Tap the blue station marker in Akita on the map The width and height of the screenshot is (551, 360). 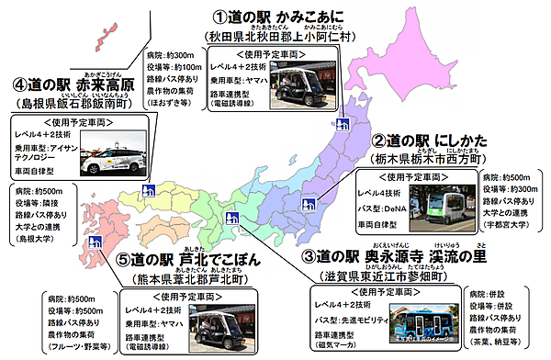coord(341,122)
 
